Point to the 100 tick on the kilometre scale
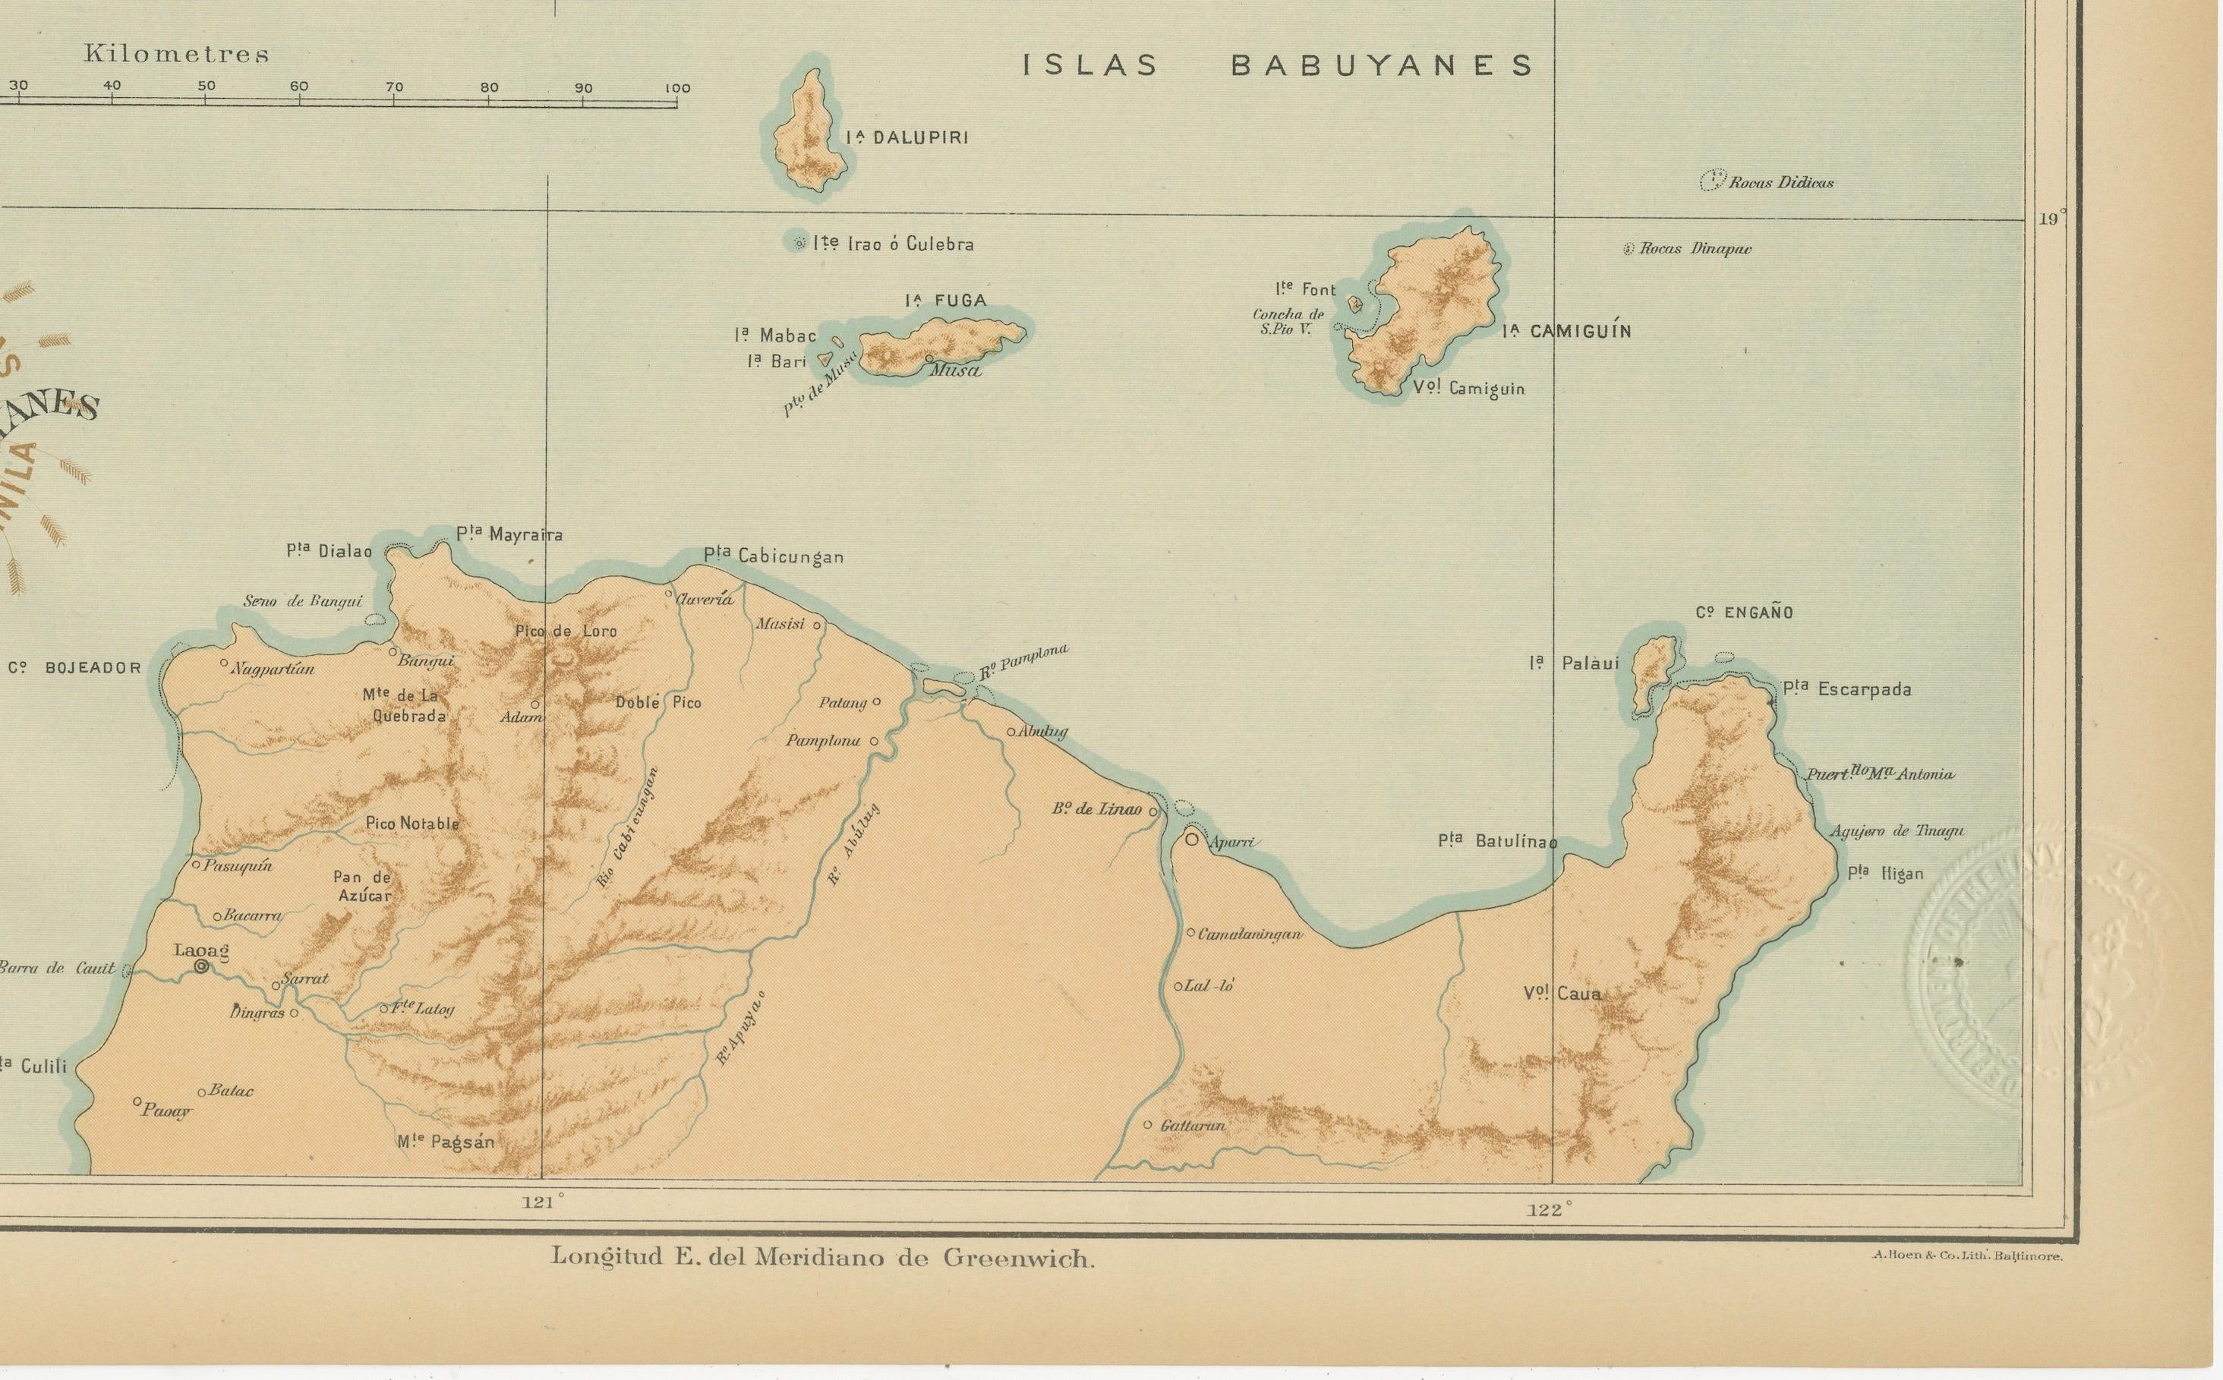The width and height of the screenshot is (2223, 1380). point(676,90)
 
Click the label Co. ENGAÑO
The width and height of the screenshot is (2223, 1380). point(1744,613)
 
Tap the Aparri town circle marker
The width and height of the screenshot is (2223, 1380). point(1192,839)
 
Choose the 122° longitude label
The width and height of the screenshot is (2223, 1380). point(1550,1210)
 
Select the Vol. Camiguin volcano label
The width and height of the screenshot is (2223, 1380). point(1468,388)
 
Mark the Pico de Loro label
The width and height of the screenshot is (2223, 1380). point(566,631)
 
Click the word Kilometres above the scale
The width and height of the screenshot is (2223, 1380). point(176,54)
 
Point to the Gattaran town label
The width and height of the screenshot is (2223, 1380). point(1191,1126)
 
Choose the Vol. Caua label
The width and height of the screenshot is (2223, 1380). point(1561,993)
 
